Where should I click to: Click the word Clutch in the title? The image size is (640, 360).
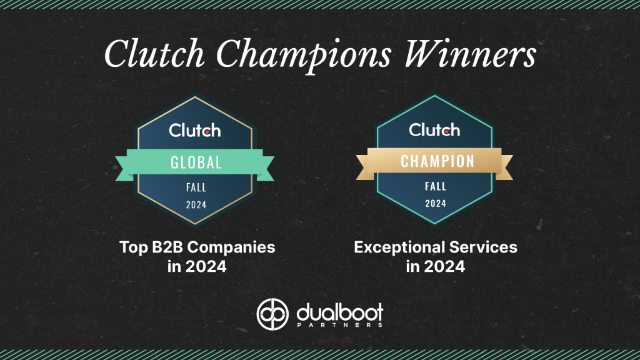coord(154,54)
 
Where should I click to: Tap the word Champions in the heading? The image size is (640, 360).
coord(304,56)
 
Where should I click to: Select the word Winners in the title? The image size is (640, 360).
coord(470,54)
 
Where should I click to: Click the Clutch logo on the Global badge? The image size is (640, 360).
coord(195,130)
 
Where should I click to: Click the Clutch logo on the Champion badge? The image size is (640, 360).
coord(434,130)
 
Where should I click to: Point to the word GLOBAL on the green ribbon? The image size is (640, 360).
coord(196,162)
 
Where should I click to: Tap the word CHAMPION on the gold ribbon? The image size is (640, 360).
coord(437,161)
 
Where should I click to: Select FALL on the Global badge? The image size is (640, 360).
coord(196,187)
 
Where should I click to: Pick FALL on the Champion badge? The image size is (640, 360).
coord(436,186)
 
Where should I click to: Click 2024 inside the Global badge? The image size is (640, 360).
coord(196,205)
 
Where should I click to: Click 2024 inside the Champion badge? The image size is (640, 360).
coord(436,203)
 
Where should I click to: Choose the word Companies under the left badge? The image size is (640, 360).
coord(231,247)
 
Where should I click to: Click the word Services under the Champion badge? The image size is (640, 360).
coord(483,247)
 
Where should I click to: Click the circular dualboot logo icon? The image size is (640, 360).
coord(272,314)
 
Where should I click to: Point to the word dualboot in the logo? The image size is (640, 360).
coord(339,312)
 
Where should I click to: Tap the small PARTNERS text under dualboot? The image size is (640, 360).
coord(339,325)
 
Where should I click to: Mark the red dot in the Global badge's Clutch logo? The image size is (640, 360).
coord(207,132)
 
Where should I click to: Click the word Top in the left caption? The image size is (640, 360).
coord(134,247)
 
